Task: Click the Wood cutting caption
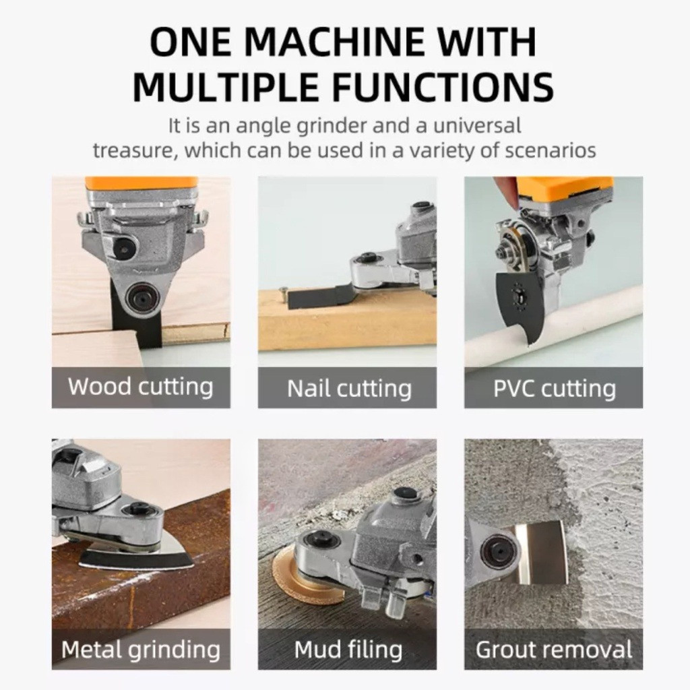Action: pyautogui.click(x=141, y=386)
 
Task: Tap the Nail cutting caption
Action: pyautogui.click(x=350, y=389)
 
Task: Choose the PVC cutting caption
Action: pyautogui.click(x=554, y=389)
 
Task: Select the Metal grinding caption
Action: pyautogui.click(x=141, y=650)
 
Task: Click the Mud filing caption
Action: pyautogui.click(x=348, y=650)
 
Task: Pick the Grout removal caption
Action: pyautogui.click(x=554, y=650)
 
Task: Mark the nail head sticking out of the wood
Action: pyautogui.click(x=284, y=289)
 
